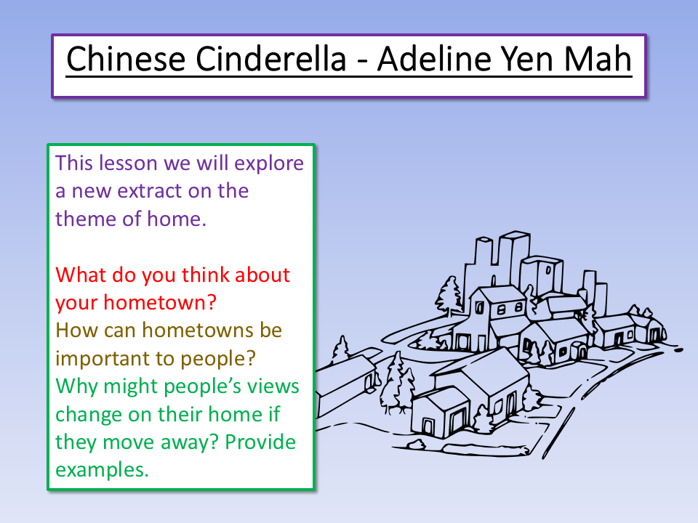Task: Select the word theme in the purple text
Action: tap(85, 219)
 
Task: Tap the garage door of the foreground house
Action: tap(457, 422)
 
